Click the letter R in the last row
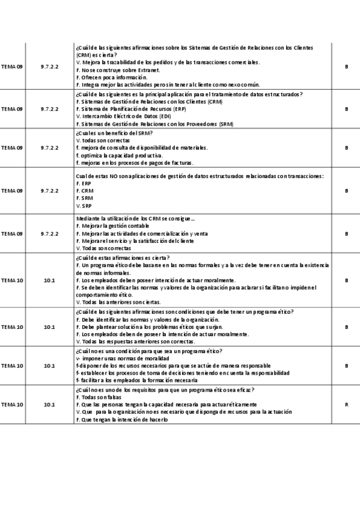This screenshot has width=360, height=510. coord(346,405)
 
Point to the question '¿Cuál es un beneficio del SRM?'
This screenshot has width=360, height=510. coord(114,132)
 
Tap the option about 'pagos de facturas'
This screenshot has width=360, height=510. coord(135,162)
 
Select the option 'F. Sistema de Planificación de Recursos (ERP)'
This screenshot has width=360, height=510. coord(131,109)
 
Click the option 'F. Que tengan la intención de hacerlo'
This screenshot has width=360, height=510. coord(122,419)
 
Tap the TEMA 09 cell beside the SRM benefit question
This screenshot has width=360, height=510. coord(11,147)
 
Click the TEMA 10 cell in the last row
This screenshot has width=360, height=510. coord(11,405)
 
